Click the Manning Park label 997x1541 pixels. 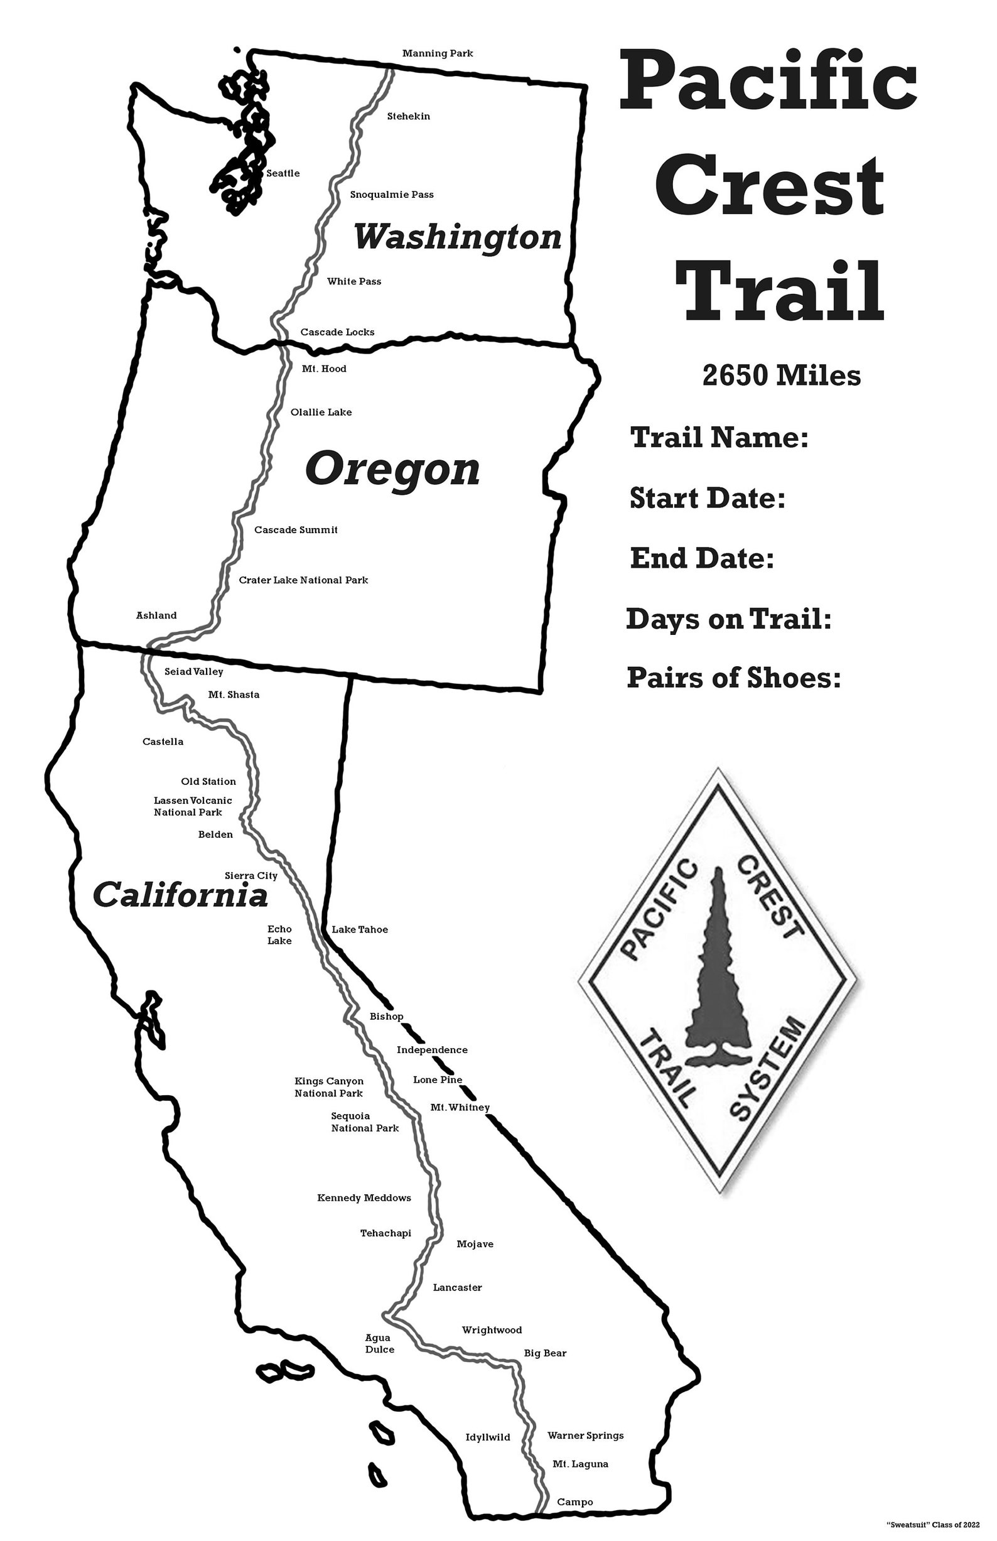click(438, 53)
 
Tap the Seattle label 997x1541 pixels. click(283, 173)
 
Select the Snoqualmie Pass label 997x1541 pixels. click(392, 195)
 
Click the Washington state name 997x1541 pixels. click(457, 237)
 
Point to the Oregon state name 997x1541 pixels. click(392, 470)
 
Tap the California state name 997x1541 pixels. click(180, 896)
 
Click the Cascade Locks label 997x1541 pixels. click(337, 332)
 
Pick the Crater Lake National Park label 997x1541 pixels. click(303, 580)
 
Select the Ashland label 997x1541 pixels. click(156, 616)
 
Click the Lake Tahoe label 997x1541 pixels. click(360, 930)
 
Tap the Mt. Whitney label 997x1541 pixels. click(460, 1107)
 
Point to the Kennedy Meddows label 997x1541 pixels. click(364, 1198)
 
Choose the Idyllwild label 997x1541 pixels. click(488, 1437)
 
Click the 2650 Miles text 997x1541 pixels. click(782, 376)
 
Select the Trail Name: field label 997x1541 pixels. click(719, 438)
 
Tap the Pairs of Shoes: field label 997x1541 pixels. click(733, 678)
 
